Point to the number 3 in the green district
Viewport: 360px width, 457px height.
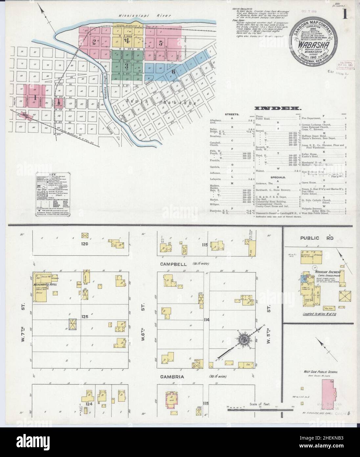pos(126,65)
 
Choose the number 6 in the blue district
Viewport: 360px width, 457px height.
pos(173,71)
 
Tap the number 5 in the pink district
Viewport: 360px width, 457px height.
pos(161,42)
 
